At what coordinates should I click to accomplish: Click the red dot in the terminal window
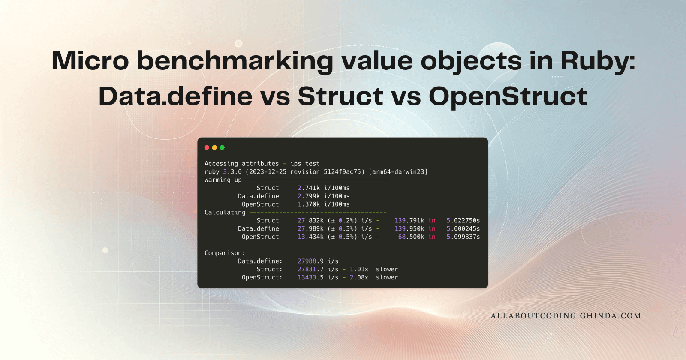(207, 147)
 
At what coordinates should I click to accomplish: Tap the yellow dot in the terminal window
(214, 147)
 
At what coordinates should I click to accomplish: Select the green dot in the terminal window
(222, 147)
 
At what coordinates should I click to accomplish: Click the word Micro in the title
(90, 61)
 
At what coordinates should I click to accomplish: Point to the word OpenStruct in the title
(508, 96)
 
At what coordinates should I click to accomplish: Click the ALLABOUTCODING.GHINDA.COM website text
(566, 316)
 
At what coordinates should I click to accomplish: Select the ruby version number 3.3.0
(232, 172)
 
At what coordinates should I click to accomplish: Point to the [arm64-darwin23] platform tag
(398, 172)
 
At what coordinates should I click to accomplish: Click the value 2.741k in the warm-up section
(309, 188)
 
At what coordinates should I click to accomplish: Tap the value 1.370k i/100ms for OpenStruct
(323, 204)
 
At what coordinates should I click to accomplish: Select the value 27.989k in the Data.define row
(310, 229)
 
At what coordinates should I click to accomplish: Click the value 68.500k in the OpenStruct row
(411, 237)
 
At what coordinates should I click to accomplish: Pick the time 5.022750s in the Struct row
(463, 221)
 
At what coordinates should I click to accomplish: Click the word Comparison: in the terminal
(225, 253)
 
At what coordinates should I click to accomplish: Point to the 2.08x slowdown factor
(359, 278)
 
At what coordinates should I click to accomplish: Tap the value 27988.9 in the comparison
(310, 261)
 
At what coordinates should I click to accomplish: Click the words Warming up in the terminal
(223, 180)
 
